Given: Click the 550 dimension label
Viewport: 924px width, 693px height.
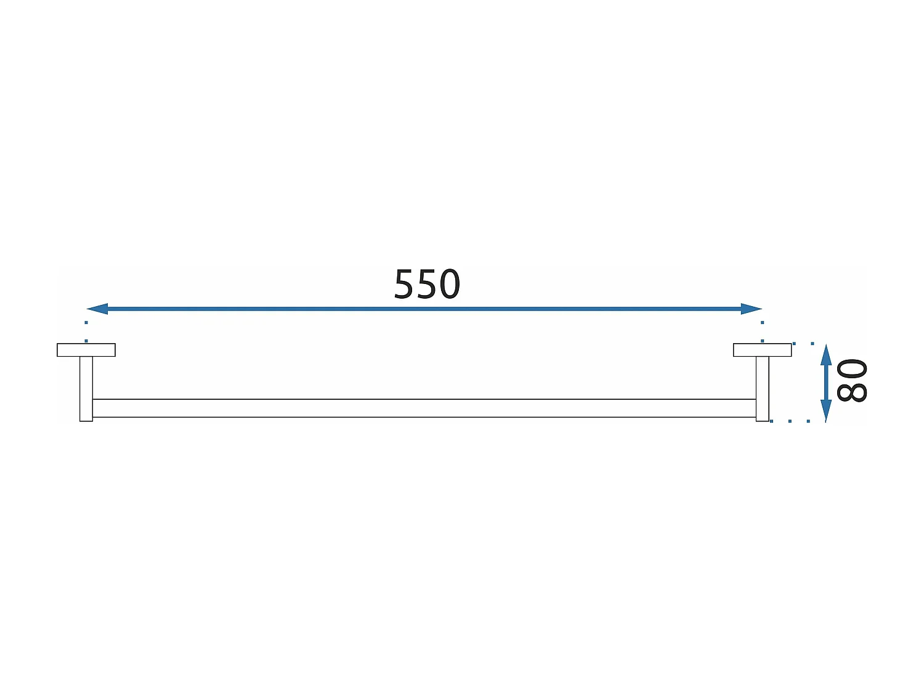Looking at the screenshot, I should click(x=427, y=285).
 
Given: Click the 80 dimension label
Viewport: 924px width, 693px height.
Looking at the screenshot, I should click(x=853, y=381).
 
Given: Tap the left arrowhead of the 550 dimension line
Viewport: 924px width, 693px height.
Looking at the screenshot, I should click(x=97, y=309).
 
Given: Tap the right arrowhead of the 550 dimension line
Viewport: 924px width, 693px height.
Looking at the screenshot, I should click(x=752, y=309).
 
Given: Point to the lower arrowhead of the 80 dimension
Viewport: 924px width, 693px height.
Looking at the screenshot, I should click(x=826, y=410).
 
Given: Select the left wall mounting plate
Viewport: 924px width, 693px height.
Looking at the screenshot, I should click(x=86, y=350).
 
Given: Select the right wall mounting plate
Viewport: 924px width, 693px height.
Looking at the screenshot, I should click(x=762, y=350).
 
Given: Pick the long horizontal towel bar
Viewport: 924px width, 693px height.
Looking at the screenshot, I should click(x=424, y=408).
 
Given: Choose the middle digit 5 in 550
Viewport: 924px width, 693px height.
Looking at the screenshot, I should click(x=427, y=285).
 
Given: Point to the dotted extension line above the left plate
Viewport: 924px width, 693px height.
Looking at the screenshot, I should click(x=86, y=331).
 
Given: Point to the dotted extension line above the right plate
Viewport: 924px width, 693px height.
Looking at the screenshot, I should click(x=763, y=331).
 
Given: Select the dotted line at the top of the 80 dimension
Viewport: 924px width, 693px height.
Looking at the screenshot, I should click(x=804, y=344).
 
